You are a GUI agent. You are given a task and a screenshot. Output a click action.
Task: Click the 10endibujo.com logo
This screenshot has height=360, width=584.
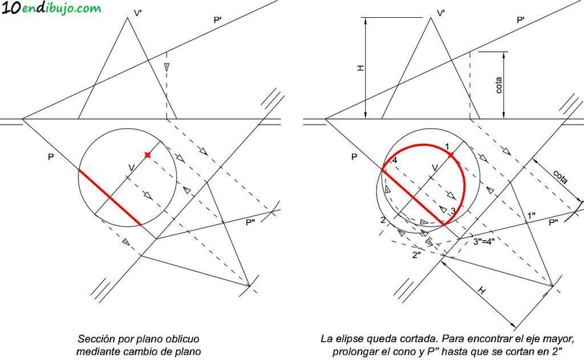pyautogui.click(x=51, y=9)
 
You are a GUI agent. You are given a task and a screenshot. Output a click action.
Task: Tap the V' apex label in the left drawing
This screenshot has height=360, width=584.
pyautogui.click(x=137, y=12)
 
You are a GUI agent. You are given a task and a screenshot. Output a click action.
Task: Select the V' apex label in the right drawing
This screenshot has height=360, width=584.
pyautogui.click(x=441, y=12)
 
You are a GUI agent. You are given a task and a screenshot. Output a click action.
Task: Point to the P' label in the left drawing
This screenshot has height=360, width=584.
pyautogui.click(x=218, y=21)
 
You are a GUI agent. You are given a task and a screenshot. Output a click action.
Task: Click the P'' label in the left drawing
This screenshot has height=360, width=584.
pyautogui.click(x=251, y=222)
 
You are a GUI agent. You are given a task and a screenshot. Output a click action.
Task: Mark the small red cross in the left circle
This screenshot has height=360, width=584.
pyautogui.click(x=147, y=155)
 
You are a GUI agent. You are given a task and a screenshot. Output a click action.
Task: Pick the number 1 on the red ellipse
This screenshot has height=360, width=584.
pyautogui.click(x=446, y=146)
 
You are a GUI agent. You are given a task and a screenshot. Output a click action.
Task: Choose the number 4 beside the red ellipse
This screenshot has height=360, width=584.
pyautogui.click(x=395, y=160)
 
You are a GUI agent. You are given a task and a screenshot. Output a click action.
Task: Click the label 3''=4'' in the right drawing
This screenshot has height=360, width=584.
pyautogui.click(x=486, y=241)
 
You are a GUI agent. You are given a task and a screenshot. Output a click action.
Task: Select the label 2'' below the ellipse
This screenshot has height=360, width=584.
pyautogui.click(x=416, y=255)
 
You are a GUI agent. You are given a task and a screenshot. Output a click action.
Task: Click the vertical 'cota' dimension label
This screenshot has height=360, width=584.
pyautogui.click(x=499, y=84)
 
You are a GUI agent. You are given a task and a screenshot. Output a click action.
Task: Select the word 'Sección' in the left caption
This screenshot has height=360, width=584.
pyautogui.click(x=96, y=339)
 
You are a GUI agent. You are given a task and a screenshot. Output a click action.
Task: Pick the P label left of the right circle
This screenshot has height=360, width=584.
pyautogui.click(x=354, y=157)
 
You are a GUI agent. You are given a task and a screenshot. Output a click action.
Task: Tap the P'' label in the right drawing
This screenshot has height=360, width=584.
pyautogui.click(x=554, y=222)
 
